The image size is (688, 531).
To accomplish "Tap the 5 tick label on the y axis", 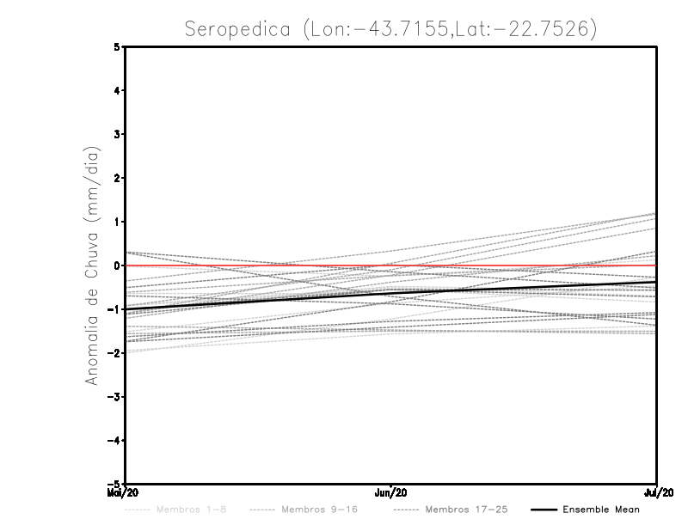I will [x=117, y=47].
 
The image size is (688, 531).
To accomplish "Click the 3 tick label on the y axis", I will [x=117, y=134].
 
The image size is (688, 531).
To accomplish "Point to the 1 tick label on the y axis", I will [x=117, y=222].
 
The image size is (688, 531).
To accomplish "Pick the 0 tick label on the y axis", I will [x=117, y=265].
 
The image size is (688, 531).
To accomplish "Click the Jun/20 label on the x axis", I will [x=391, y=493].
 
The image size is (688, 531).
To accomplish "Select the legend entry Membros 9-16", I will [x=319, y=510].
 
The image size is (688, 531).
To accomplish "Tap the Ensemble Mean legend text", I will [x=601, y=510].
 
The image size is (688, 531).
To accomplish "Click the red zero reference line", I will [x=516, y=265].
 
